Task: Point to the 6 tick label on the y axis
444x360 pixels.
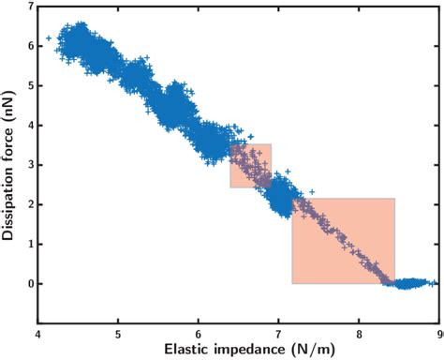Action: point(30,46)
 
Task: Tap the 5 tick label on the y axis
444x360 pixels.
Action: point(30,85)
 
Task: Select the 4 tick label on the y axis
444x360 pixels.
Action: point(30,125)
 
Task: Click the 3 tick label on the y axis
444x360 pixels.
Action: point(30,164)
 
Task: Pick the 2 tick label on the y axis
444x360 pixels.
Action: point(30,203)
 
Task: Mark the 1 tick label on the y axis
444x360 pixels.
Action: point(30,244)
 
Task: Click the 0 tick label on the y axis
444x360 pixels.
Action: point(30,283)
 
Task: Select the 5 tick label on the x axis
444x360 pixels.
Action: point(118,333)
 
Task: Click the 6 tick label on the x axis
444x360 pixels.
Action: point(199,333)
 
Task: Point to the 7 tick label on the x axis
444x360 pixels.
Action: point(279,333)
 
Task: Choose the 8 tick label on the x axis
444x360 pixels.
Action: point(360,333)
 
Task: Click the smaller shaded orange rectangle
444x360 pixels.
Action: point(250,165)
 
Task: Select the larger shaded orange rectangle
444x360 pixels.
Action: point(343,240)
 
